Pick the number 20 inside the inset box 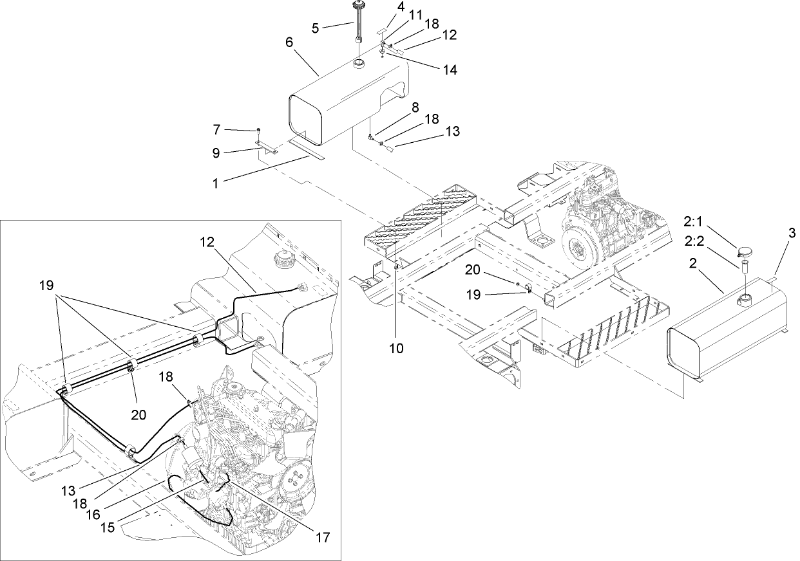pyautogui.click(x=138, y=415)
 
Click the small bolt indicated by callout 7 pyautogui.click(x=258, y=131)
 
